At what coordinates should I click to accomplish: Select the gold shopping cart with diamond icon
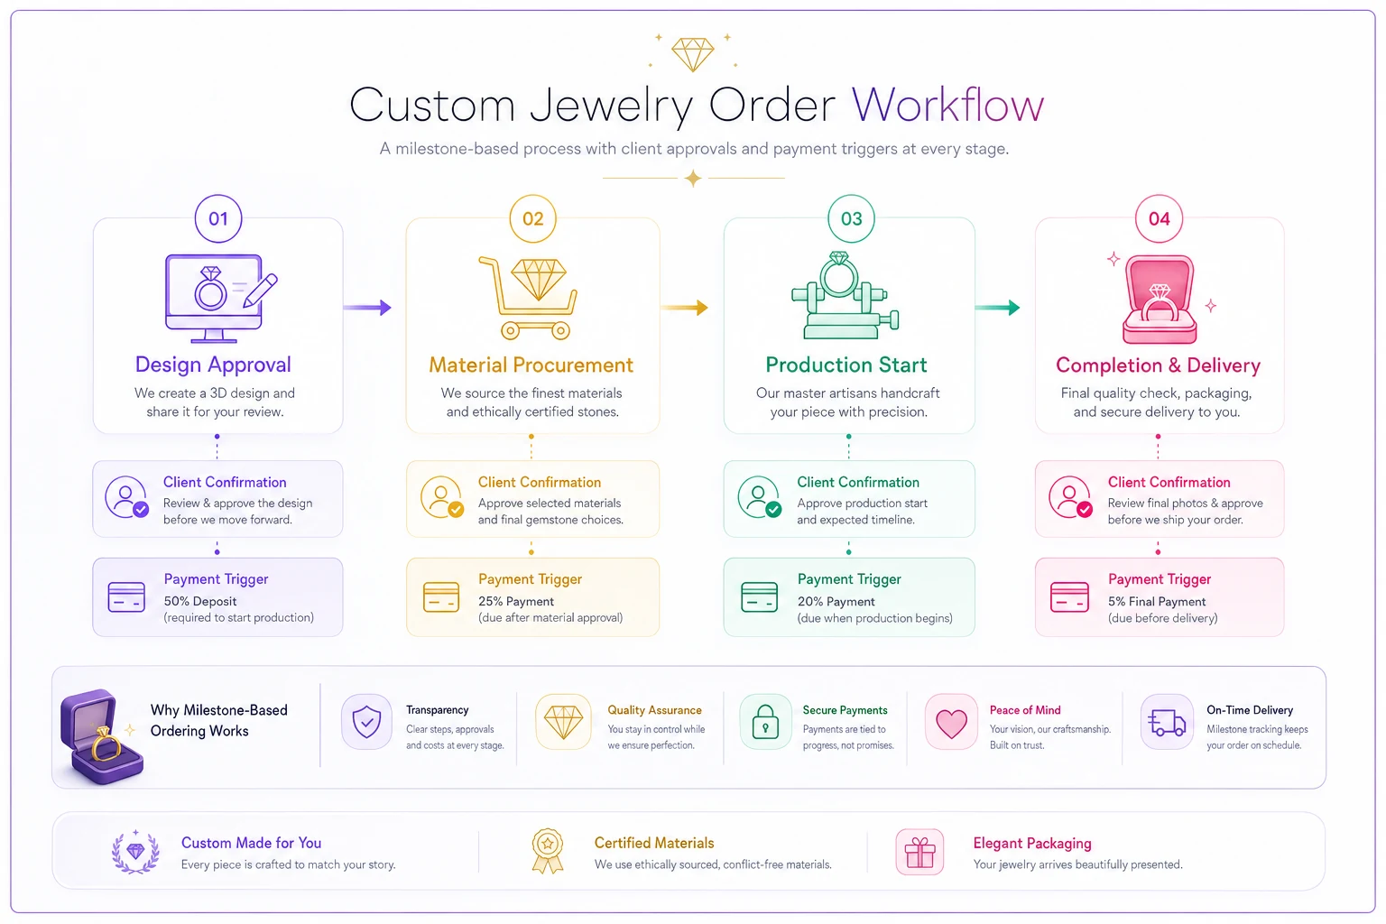tap(528, 298)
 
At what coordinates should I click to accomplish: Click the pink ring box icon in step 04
tap(1159, 300)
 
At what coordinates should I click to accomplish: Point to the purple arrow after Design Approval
tap(367, 308)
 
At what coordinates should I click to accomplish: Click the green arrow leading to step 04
tap(997, 308)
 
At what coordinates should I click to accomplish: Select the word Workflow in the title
tap(948, 106)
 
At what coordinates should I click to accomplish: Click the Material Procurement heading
tap(531, 365)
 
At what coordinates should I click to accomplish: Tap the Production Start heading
tap(845, 365)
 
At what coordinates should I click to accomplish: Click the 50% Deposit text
tap(199, 601)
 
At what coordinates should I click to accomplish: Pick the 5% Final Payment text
tap(1157, 602)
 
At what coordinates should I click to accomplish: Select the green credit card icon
tap(759, 597)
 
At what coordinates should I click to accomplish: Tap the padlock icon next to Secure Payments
tap(765, 722)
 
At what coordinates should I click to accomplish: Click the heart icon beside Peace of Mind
tap(951, 722)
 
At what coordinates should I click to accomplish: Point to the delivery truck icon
tap(1167, 722)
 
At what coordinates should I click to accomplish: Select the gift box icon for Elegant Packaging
tap(919, 852)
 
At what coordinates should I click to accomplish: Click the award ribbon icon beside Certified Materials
tap(548, 851)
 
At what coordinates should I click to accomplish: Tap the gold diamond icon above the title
tap(693, 54)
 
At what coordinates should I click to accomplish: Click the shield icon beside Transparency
tap(366, 722)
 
